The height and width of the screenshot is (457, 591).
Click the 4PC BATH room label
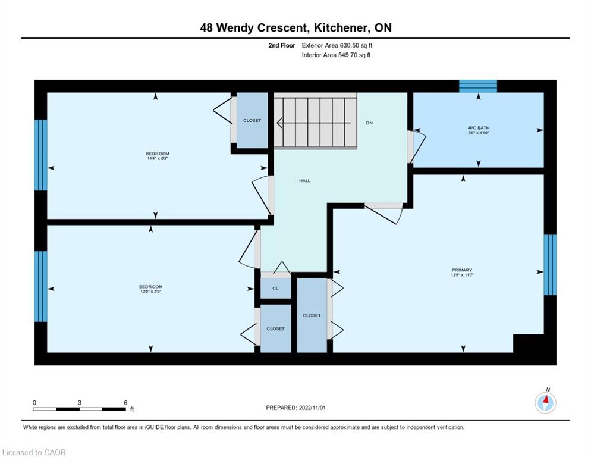pyautogui.click(x=479, y=127)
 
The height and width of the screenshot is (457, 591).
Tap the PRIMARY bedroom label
pyautogui.click(x=461, y=270)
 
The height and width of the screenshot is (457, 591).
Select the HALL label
pyautogui.click(x=304, y=181)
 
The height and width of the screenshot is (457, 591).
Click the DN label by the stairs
pyautogui.click(x=369, y=123)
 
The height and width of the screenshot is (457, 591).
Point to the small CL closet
pyautogui.click(x=276, y=289)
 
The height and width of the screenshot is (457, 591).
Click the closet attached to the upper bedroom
pyautogui.click(x=252, y=121)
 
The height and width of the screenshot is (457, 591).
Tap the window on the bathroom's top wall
pyautogui.click(x=477, y=86)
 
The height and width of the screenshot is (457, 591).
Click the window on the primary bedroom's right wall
pyautogui.click(x=550, y=265)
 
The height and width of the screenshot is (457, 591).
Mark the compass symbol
pyautogui.click(x=545, y=402)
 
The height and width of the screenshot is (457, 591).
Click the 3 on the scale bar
pyautogui.click(x=80, y=403)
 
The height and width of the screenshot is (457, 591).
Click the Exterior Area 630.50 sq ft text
pyautogui.click(x=337, y=45)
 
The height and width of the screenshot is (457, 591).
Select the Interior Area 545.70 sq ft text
pyautogui.click(x=336, y=55)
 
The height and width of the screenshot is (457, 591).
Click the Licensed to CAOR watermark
pyautogui.click(x=34, y=452)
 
